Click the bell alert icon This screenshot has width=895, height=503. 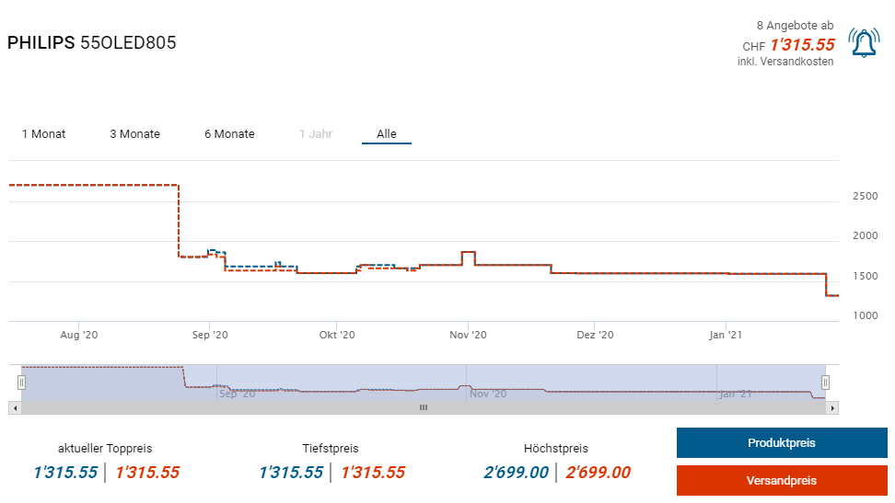coord(864,44)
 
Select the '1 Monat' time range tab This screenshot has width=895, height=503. coord(43,134)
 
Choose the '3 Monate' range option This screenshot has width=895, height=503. coord(134,134)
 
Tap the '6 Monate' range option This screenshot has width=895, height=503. coord(229,134)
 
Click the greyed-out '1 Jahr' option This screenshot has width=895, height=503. coord(315,134)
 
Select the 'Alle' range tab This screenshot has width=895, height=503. coord(387,134)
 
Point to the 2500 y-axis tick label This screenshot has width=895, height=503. coord(865,197)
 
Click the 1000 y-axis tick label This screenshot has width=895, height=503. coord(865,315)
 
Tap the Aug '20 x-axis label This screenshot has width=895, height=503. coord(78,335)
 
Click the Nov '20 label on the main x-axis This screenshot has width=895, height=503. coord(467,335)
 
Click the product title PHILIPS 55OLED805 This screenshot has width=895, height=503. coord(92,43)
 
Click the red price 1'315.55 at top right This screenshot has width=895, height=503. coord(802,45)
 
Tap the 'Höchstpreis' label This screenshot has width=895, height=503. coord(555,449)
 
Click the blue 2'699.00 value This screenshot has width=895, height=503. coord(516,473)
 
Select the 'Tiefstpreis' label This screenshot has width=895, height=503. coord(331,449)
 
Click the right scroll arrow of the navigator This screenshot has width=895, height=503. coord(832,407)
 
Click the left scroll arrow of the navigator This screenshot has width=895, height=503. coord(14,407)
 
